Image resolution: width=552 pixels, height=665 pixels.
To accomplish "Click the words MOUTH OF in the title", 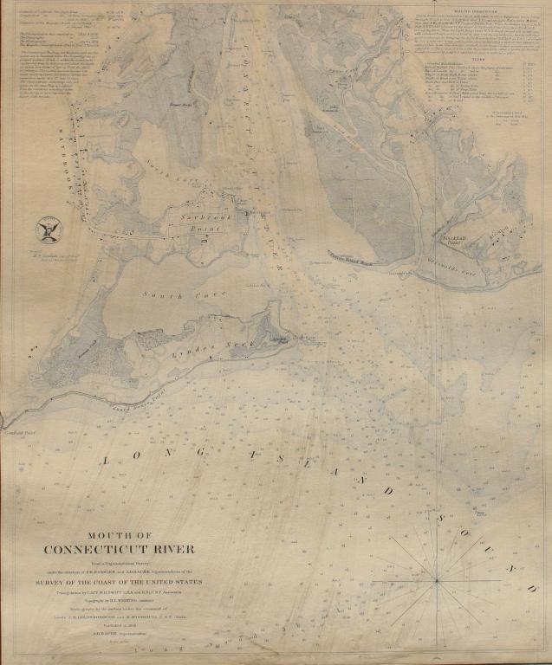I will coord(120,535).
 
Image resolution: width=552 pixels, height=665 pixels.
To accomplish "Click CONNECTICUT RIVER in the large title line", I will coord(120,549).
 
